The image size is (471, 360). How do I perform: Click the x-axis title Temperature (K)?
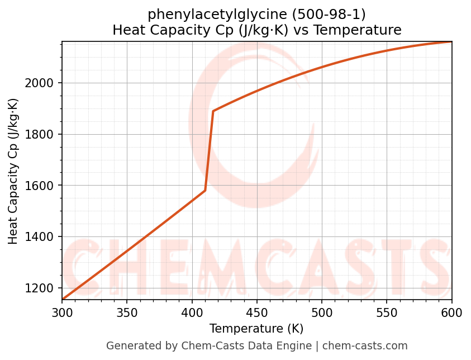click(256, 329)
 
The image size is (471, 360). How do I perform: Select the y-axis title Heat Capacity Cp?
click(13, 171)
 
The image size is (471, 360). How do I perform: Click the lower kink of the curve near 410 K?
click(205, 191)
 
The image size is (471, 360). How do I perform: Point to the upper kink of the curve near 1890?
click(213, 111)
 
